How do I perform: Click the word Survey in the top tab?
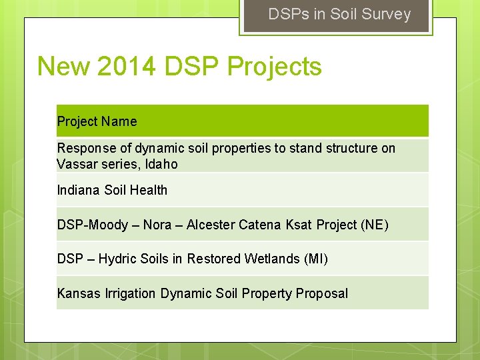pyautogui.click(x=389, y=14)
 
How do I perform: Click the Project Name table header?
pyautogui.click(x=97, y=121)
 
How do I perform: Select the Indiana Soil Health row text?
pyautogui.click(x=112, y=190)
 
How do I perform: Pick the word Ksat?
pyautogui.click(x=299, y=225)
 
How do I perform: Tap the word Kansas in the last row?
pyautogui.click(x=79, y=293)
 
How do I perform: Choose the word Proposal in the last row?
pyautogui.click(x=323, y=293)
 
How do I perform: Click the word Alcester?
pyautogui.click(x=210, y=225)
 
